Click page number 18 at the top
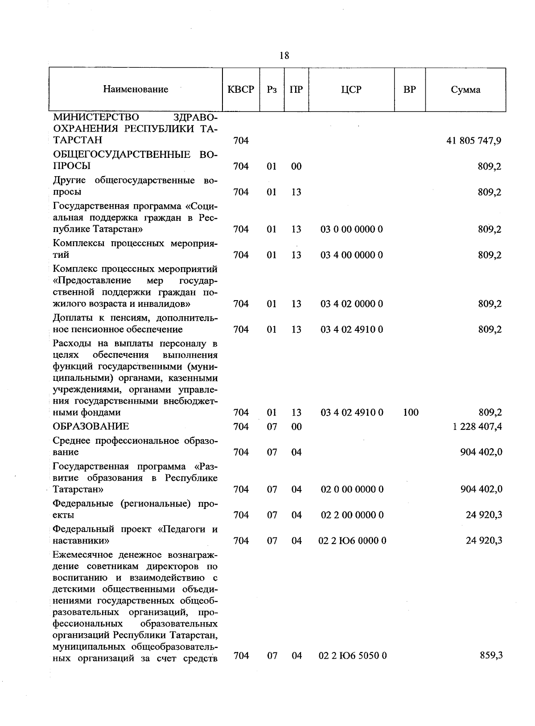(x=284, y=56)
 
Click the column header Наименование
(x=136, y=89)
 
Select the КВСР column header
(x=241, y=89)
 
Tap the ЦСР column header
(x=351, y=89)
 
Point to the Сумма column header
(x=465, y=90)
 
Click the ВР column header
(x=409, y=89)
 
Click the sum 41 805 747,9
(x=473, y=140)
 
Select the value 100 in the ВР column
(x=410, y=412)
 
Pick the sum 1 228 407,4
(x=477, y=427)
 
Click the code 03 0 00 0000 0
(x=352, y=230)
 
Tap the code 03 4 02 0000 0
(x=352, y=304)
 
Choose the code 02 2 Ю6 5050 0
(x=353, y=656)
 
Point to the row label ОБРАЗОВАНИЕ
(x=91, y=427)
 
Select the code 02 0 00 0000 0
(x=352, y=490)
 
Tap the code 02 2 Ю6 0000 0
(x=353, y=541)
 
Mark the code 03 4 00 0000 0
(x=352, y=255)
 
